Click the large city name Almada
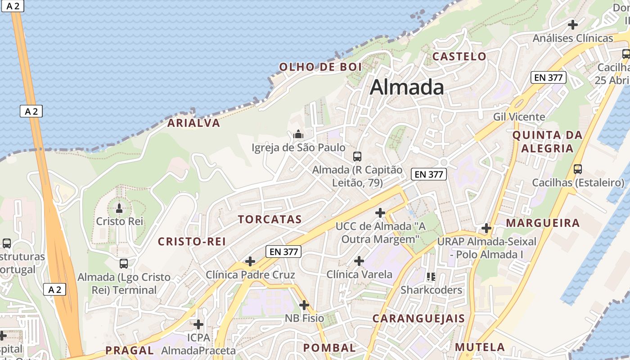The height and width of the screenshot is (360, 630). tap(407, 87)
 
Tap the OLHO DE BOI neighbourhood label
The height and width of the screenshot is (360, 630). tap(320, 67)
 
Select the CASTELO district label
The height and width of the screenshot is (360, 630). tap(459, 56)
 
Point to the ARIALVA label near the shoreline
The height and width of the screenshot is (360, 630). tap(194, 123)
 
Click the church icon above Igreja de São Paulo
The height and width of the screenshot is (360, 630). tap(297, 134)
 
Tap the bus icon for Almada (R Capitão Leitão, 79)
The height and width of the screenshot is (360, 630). tap(357, 157)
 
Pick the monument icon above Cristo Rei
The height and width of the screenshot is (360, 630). tap(119, 208)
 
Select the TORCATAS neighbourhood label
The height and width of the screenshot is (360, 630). tap(270, 220)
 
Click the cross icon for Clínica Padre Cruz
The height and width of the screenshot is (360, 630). tap(250, 261)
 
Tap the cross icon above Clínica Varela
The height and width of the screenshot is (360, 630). tap(359, 261)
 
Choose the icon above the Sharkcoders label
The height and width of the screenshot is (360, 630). tap(431, 276)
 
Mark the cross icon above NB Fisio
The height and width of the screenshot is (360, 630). tap(304, 305)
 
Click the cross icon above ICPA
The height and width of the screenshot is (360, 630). tap(198, 324)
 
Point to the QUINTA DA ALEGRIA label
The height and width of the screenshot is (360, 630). tap(547, 141)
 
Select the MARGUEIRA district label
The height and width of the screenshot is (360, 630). tap(543, 223)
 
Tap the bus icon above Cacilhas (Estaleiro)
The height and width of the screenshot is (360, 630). tap(578, 170)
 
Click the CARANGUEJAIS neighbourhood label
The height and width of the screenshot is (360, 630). tap(418, 319)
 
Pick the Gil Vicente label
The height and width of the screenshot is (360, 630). tap(519, 117)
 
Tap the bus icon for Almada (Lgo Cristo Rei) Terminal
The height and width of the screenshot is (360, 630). tap(124, 264)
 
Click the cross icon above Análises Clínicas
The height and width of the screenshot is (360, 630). tap(573, 24)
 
